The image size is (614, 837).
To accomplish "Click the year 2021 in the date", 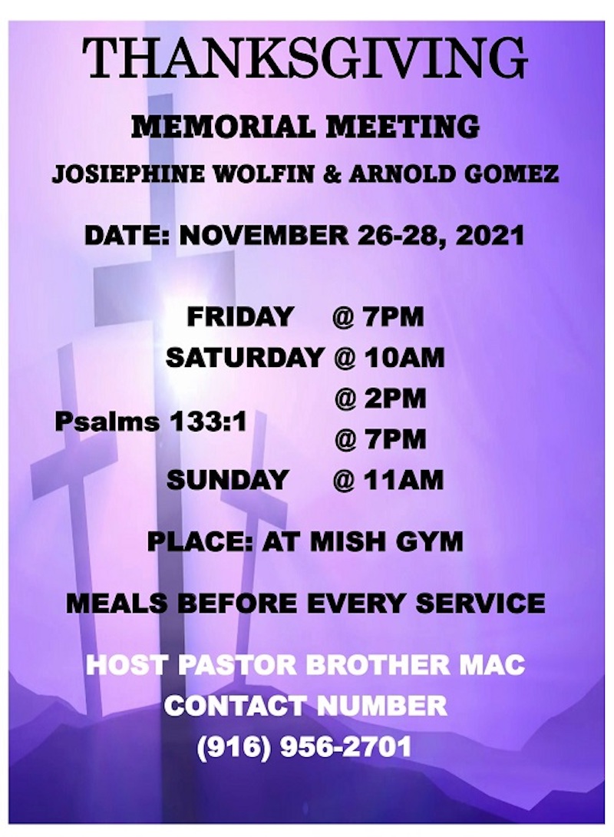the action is tap(490, 236).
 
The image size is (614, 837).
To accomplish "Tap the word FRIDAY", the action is tap(240, 316).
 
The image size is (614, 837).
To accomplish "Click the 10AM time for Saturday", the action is tap(404, 357).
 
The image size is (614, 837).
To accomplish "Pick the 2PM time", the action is tap(394, 399).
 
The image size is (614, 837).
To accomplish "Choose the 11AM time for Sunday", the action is tap(404, 479).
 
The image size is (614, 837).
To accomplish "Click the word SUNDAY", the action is tap(228, 479).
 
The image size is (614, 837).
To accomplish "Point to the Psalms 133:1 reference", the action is tap(151, 422).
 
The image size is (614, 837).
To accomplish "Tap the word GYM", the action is tap(430, 542).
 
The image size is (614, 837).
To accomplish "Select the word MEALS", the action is tap(117, 604).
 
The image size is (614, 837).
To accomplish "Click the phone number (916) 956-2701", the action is tap(305, 746).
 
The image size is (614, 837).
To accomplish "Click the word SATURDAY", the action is tap(246, 357).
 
